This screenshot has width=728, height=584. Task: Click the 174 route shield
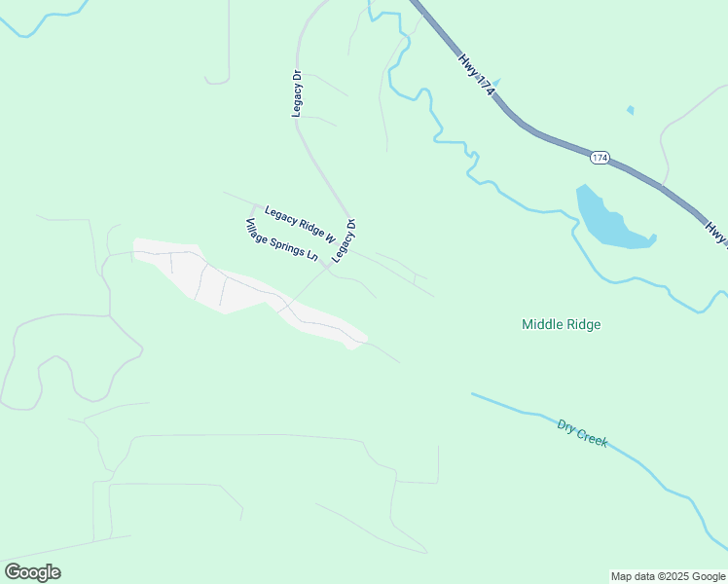600,157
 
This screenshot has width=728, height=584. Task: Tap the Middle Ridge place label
561,324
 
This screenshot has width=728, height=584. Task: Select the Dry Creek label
582,433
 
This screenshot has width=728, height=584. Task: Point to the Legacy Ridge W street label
300,225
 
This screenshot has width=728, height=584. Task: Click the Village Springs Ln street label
281,240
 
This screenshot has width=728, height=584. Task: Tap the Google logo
32,571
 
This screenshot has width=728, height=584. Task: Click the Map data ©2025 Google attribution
668,576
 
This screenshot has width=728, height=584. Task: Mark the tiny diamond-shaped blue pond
631,110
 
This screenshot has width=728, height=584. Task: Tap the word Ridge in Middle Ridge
583,324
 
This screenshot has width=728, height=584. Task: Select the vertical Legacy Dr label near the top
297,93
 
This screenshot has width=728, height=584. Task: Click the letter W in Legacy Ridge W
329,238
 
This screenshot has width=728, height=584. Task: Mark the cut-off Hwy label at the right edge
717,235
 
